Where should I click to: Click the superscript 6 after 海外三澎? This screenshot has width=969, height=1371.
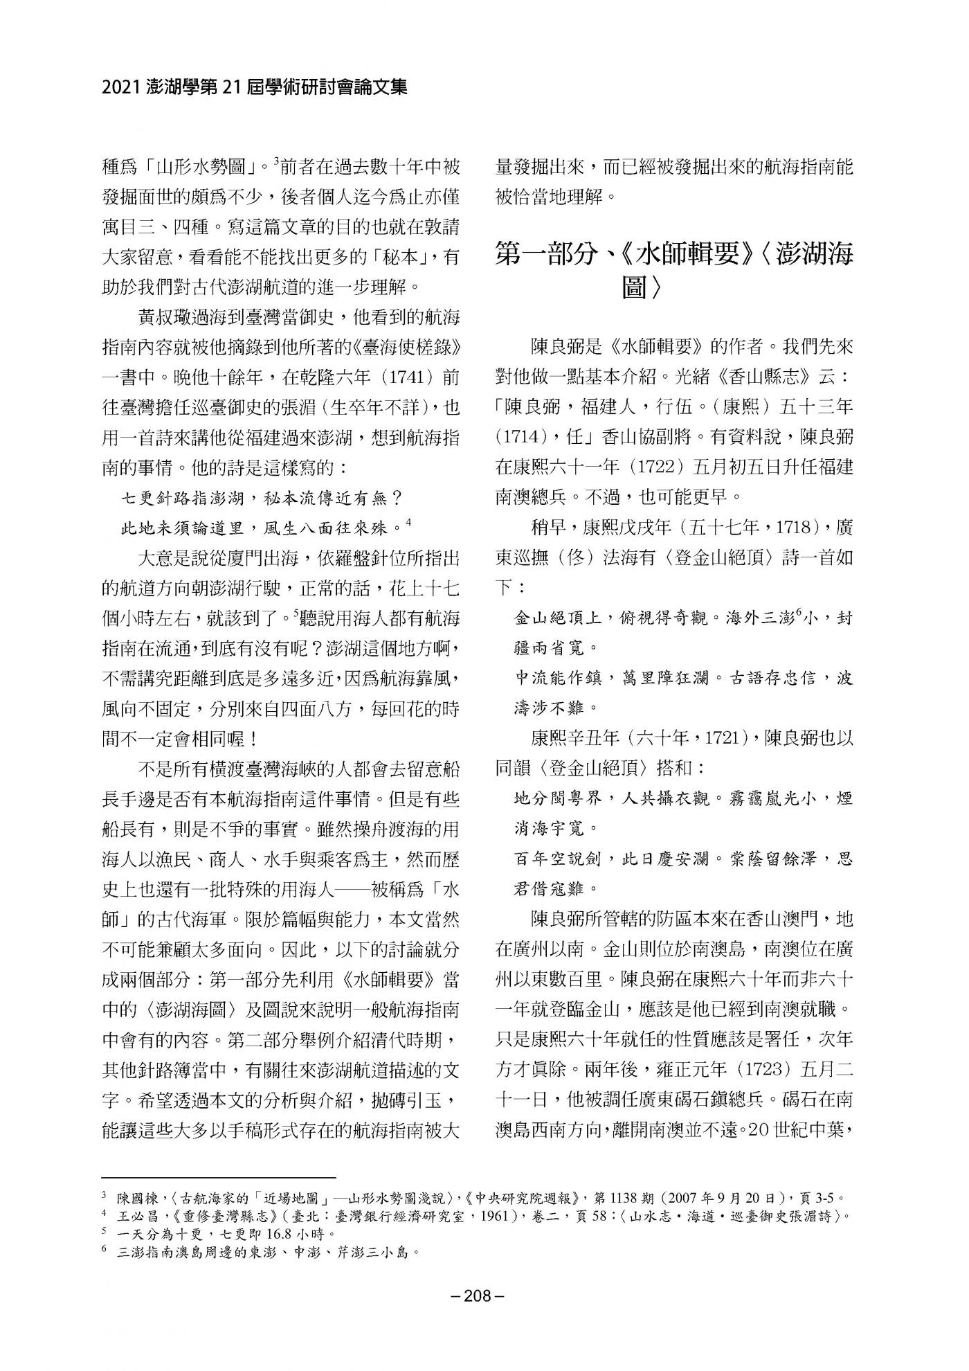tap(799, 611)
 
